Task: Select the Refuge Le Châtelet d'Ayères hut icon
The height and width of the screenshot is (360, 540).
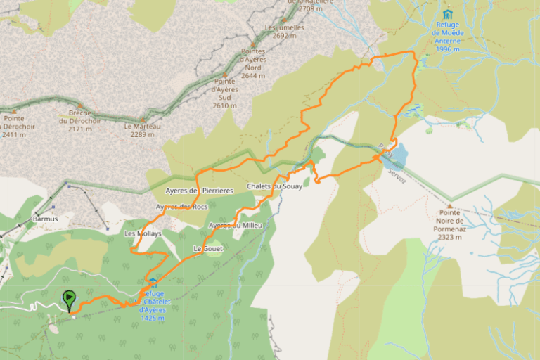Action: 153,282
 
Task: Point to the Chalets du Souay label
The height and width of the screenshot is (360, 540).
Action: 274,186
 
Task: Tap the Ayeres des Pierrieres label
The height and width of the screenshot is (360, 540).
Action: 199,191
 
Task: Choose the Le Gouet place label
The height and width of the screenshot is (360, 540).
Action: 207,249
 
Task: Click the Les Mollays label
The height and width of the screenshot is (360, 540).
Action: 143,233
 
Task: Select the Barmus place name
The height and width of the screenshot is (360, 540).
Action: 45,219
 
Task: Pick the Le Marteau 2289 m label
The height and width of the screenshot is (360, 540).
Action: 143,130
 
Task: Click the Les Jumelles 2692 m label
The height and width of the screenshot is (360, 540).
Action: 284,31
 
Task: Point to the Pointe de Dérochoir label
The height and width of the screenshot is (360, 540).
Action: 18,126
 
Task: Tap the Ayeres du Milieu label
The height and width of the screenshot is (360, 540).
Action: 236,225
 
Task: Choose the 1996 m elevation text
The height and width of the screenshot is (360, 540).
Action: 447,49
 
